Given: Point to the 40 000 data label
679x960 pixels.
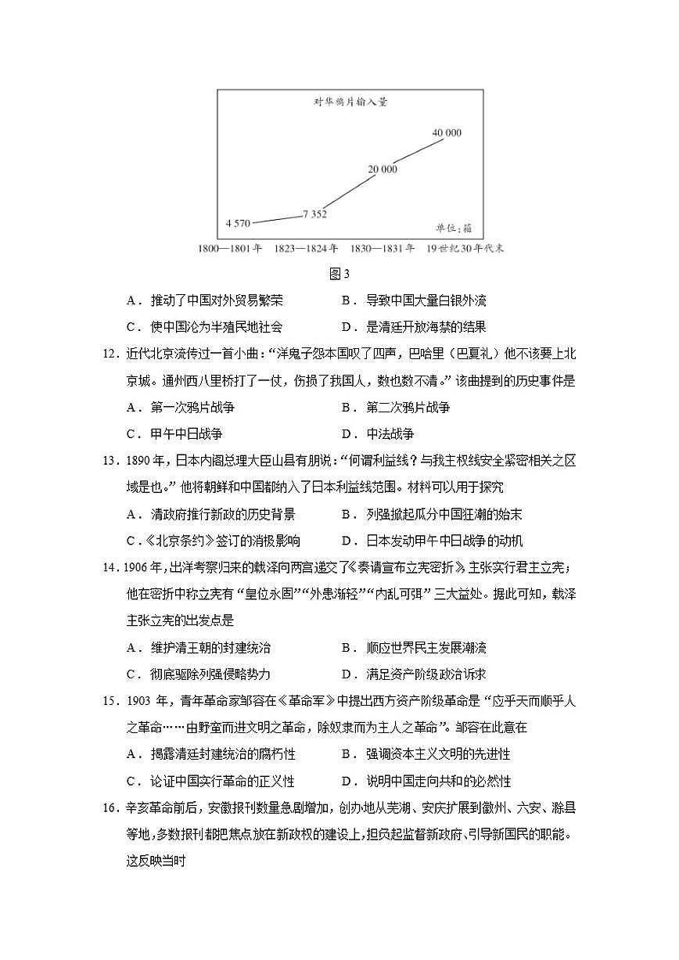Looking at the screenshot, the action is click(x=446, y=133).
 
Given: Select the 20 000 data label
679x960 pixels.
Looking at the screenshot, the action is click(x=383, y=169).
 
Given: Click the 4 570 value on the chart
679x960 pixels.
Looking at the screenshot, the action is click(x=238, y=223).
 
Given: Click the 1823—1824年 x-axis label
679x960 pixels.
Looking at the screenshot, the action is click(x=306, y=249).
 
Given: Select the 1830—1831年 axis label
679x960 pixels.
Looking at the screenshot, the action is click(x=383, y=249).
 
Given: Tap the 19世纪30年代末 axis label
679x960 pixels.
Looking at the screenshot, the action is click(x=465, y=249).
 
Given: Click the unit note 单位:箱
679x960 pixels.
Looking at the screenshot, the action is click(x=454, y=228).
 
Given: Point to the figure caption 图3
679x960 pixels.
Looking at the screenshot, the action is click(x=339, y=274).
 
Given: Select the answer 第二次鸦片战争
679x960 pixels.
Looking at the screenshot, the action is click(x=408, y=408).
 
